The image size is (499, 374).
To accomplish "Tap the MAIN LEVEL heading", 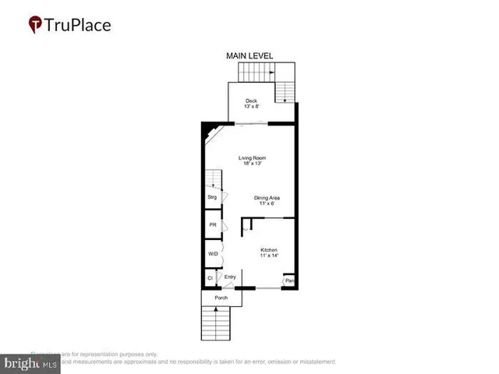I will click(x=249, y=56).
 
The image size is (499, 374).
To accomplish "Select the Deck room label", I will click(x=250, y=101).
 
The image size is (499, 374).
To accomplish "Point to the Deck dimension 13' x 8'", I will click(x=250, y=107).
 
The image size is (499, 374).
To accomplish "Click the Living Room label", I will click(x=250, y=158).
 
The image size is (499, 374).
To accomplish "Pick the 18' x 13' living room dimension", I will click(x=250, y=164).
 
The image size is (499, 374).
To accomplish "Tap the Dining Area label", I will click(x=267, y=197).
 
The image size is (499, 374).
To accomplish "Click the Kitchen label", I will click(x=268, y=250).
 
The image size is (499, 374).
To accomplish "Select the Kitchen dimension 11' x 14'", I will click(x=268, y=256).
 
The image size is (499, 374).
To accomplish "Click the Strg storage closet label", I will click(x=211, y=198).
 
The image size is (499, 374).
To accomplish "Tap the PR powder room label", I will click(x=211, y=225).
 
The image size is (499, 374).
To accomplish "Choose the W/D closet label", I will click(x=212, y=254).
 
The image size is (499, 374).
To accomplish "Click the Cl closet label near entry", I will click(x=210, y=278).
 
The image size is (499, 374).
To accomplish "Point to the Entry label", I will click(x=230, y=277).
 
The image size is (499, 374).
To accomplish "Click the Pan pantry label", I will click(x=289, y=280).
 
